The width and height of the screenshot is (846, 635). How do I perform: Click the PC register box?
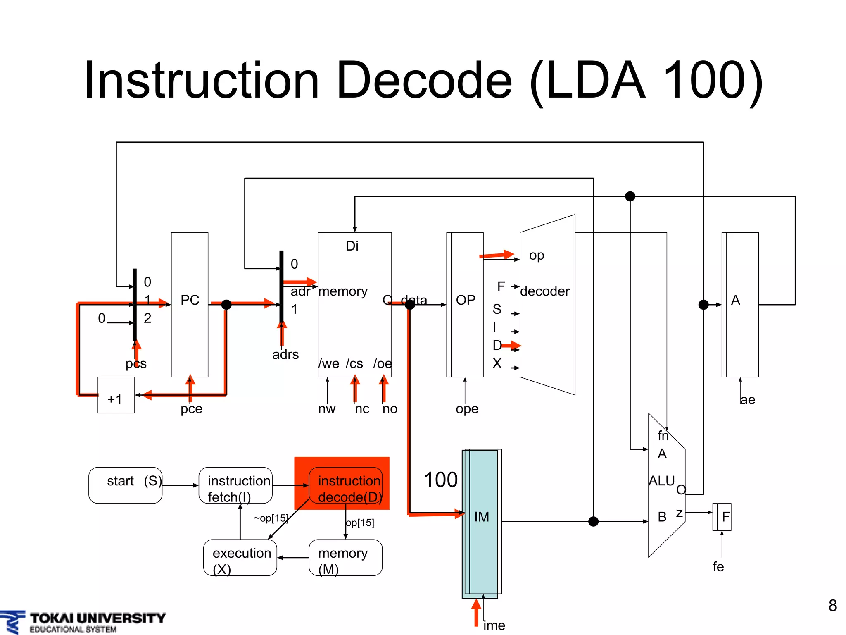[x=190, y=304]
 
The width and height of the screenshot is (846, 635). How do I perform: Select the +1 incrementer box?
[x=116, y=395]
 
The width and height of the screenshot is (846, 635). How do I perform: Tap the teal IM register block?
[x=481, y=523]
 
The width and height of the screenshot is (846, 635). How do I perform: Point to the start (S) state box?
[x=126, y=485]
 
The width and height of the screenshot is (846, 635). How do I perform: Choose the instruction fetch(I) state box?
[x=235, y=485]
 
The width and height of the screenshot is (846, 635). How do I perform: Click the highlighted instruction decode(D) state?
[x=345, y=485]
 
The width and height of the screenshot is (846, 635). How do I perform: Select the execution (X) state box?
[x=240, y=558]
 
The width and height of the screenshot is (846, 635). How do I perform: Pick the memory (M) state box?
[x=345, y=558]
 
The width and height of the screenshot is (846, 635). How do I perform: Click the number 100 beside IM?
[x=441, y=480]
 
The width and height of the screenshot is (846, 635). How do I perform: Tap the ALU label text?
[x=661, y=481]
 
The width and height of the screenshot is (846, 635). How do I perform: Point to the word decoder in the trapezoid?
[x=544, y=291]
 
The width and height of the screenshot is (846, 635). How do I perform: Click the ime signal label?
[x=494, y=625]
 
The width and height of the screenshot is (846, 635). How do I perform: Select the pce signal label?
[x=191, y=409]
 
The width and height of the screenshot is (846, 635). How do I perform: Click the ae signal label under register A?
[x=747, y=400]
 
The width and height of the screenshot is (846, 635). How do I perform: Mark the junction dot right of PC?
[x=226, y=305]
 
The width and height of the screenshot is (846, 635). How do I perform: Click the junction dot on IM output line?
[x=593, y=522]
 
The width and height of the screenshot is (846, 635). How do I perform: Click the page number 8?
[x=832, y=606]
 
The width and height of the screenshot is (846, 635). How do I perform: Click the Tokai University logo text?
[x=97, y=618]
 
